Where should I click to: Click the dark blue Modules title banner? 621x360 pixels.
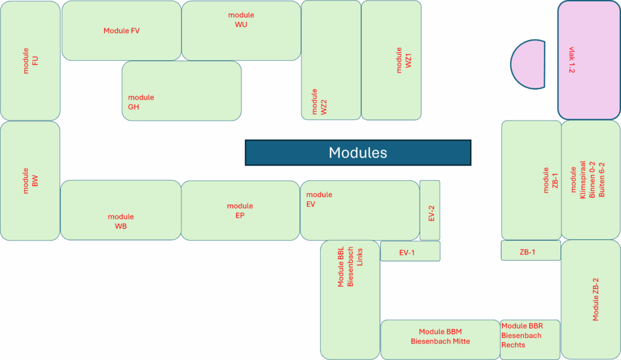[x=358, y=153]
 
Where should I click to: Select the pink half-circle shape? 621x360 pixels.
[x=529, y=64]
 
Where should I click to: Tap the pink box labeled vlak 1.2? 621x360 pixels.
[x=589, y=60]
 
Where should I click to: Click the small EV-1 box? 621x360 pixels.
[x=410, y=251]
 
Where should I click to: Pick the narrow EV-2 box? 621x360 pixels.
[x=430, y=210]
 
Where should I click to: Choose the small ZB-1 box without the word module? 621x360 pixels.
[x=531, y=250]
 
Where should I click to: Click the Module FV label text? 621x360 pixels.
[x=121, y=30]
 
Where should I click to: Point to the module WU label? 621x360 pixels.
[x=241, y=20]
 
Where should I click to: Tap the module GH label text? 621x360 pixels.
[x=141, y=102]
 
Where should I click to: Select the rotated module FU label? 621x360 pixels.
[x=30, y=61]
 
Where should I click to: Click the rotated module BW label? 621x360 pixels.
[x=30, y=181]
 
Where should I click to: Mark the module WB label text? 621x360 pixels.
[x=121, y=222]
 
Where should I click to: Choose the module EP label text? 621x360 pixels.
[x=240, y=210]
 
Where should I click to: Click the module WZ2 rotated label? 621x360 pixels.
[x=319, y=102]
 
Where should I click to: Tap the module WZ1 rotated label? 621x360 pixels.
[x=404, y=60]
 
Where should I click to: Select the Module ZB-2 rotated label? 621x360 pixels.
[x=596, y=299]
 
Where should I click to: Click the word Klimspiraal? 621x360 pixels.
[x=583, y=179]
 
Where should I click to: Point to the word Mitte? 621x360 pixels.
[x=461, y=341]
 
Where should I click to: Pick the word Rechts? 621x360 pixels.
[x=513, y=345]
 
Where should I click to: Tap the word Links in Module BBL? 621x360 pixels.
[x=360, y=257]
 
